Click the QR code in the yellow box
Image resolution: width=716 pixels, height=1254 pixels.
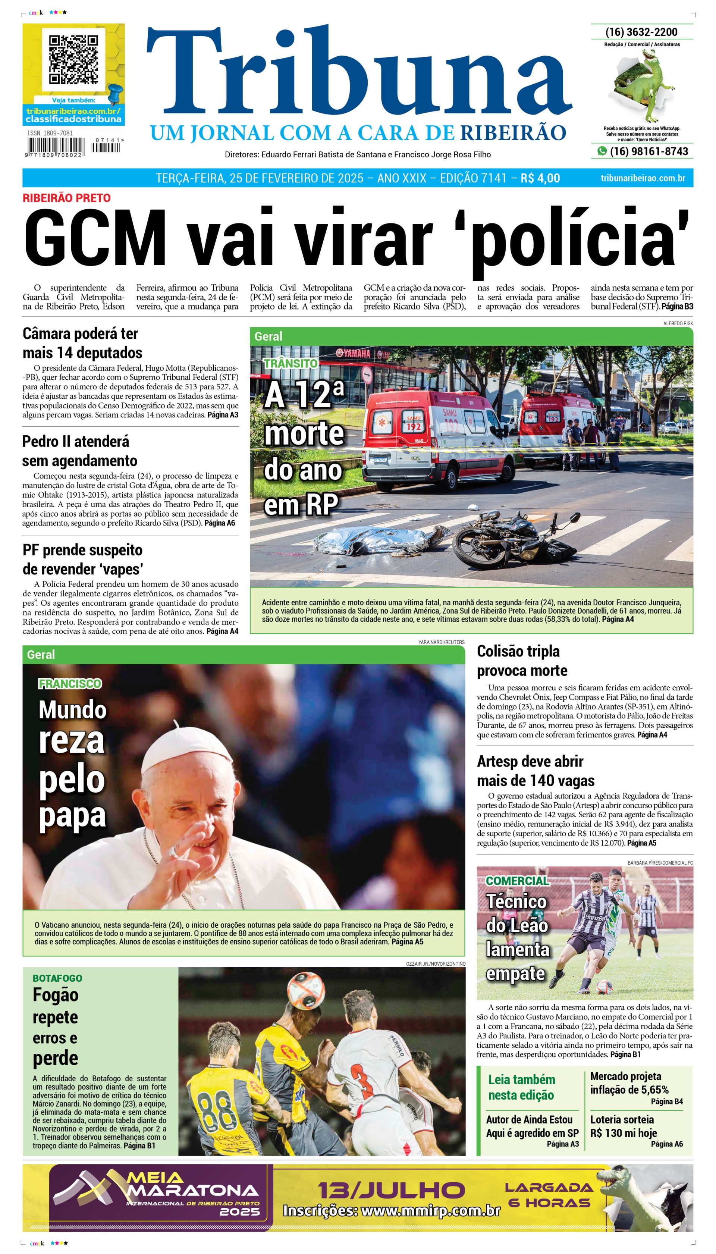pyautogui.click(x=73, y=60)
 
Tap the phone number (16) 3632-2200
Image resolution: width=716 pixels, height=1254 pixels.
pyautogui.click(x=641, y=32)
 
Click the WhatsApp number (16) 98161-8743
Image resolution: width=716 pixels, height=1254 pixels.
pyautogui.click(x=649, y=151)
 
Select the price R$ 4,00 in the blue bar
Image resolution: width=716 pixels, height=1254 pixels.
pyautogui.click(x=540, y=178)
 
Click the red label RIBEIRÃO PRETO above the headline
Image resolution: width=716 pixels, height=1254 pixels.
pyautogui.click(x=66, y=198)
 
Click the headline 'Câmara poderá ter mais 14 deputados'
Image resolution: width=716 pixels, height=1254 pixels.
pyautogui.click(x=82, y=343)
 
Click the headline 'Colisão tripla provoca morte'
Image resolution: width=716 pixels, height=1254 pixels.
pyautogui.click(x=522, y=661)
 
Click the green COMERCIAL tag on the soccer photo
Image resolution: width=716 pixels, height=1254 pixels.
pyautogui.click(x=517, y=881)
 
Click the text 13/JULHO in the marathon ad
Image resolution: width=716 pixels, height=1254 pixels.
pyautogui.click(x=391, y=1191)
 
